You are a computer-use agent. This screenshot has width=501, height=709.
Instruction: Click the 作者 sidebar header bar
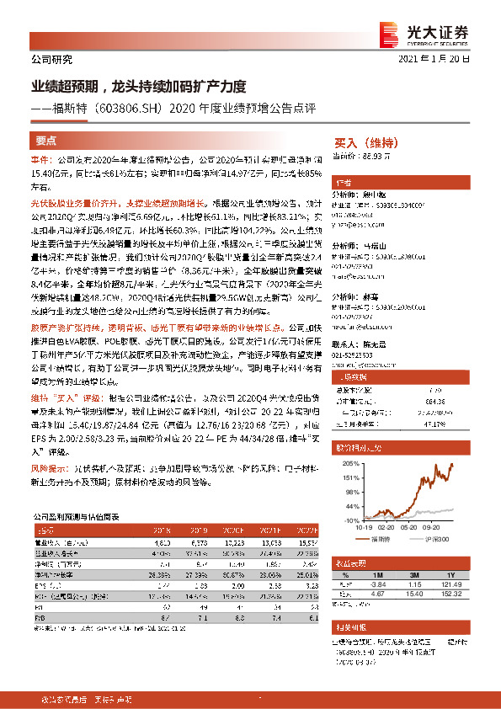click(402, 183)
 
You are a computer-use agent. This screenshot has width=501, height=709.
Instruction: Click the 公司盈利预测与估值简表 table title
click(76, 516)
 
